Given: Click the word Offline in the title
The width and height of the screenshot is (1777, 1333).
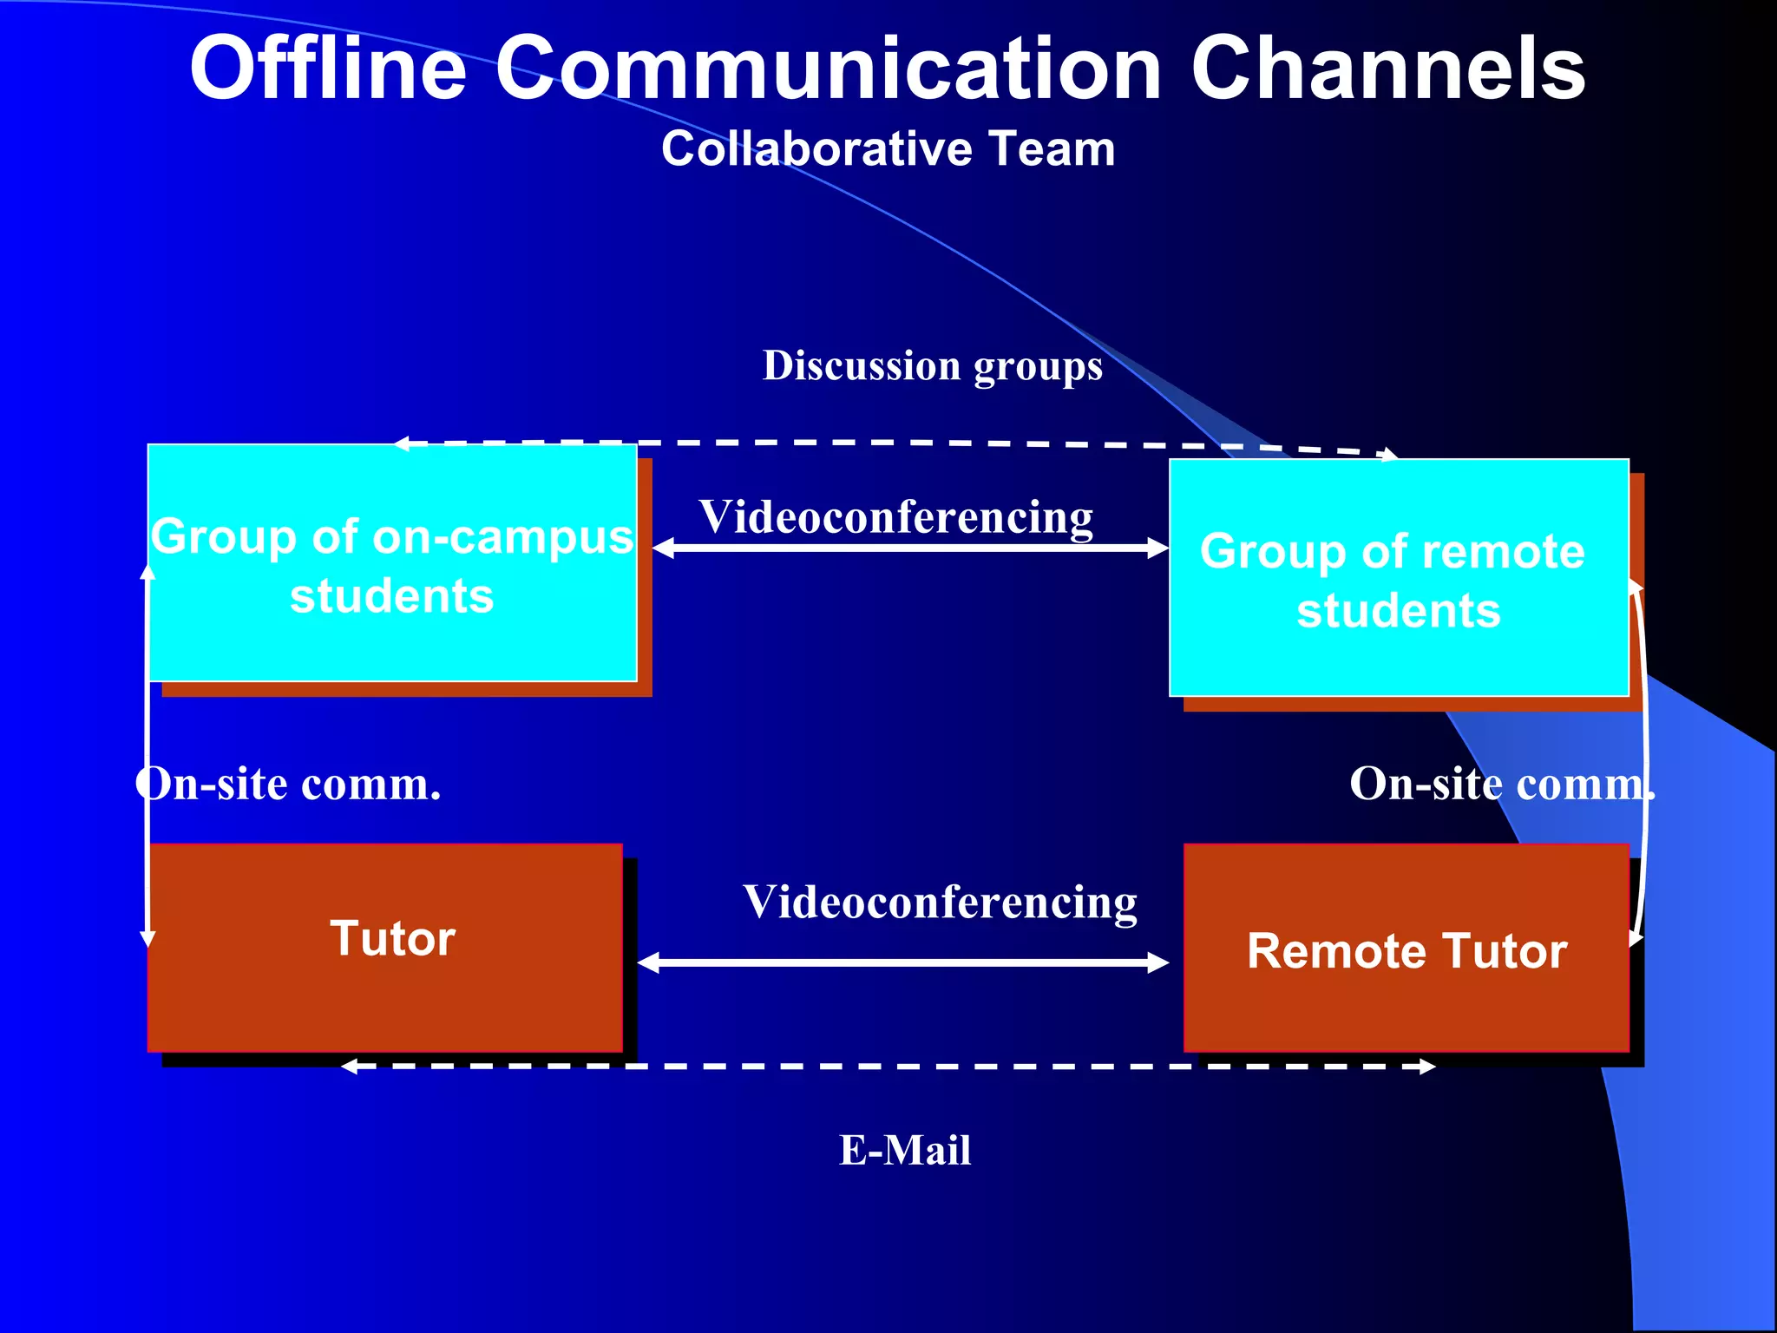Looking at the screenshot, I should click(328, 69).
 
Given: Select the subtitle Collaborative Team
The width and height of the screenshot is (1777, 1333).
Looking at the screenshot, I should click(888, 148).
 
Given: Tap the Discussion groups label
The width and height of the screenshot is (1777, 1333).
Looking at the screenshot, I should click(932, 365).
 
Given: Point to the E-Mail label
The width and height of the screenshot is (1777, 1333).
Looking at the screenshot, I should click(904, 1151).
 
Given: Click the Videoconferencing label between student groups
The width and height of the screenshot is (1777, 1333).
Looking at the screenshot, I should click(895, 516).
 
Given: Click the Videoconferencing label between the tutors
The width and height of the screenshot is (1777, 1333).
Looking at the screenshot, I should click(940, 902).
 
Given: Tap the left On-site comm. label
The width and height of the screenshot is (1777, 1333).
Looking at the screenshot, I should click(289, 784).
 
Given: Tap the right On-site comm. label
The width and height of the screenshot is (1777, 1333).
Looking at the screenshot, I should click(1502, 784).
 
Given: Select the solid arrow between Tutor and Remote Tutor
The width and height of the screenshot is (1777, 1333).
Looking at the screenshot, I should click(902, 962).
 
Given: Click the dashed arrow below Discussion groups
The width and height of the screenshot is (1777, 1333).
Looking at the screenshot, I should click(894, 443).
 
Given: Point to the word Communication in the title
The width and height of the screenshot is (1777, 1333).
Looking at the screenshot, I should click(829, 69).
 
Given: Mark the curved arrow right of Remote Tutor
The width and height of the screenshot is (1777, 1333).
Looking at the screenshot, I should click(1643, 764).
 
